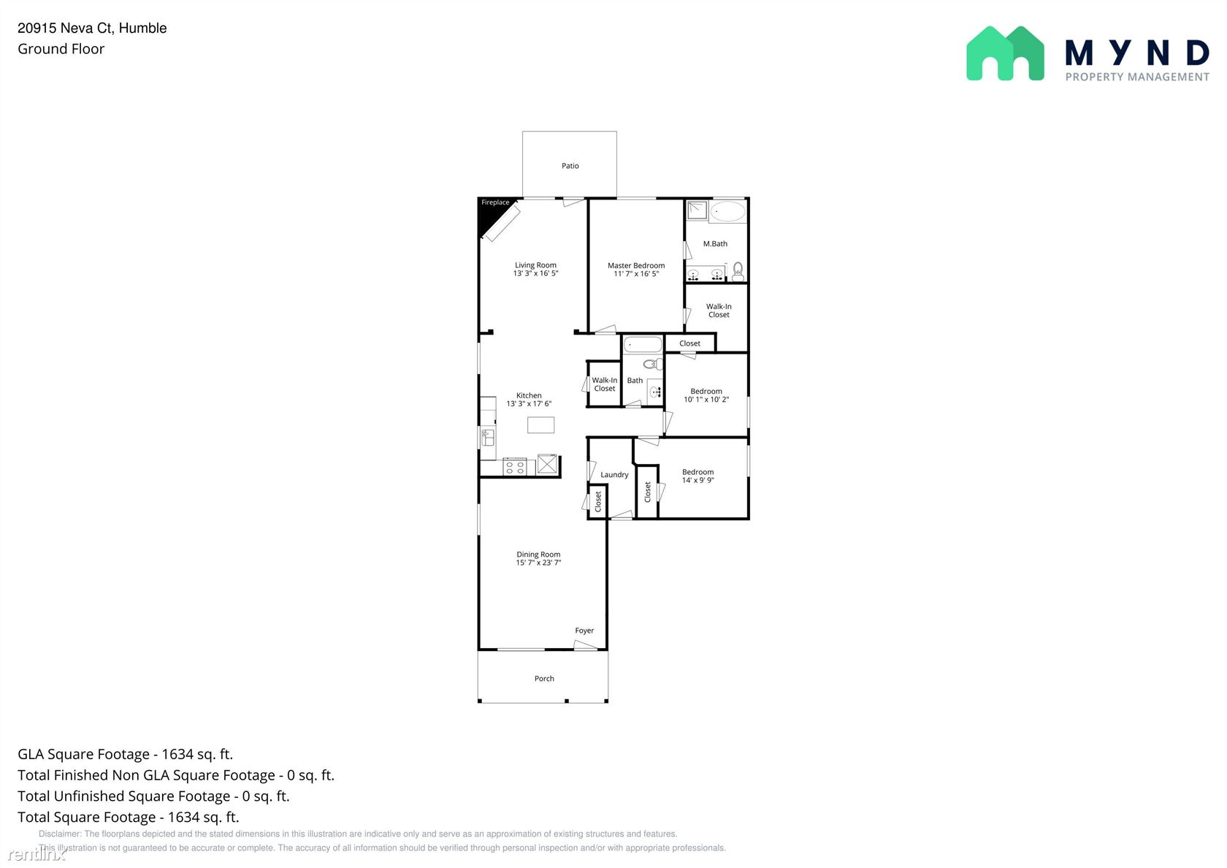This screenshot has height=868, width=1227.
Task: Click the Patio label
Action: coord(570,165)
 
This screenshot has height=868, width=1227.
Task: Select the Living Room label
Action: coord(535,265)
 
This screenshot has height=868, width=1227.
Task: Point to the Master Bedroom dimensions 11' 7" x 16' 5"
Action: coord(636,274)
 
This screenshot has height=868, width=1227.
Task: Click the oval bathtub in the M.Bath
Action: coord(728,211)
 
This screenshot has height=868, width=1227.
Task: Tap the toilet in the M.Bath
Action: coord(738,270)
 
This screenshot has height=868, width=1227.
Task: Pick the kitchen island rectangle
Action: coord(540,425)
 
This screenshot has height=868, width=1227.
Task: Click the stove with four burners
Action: coord(515,468)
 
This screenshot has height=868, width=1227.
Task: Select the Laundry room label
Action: coord(614,475)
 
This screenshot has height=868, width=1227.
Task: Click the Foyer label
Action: coord(584,630)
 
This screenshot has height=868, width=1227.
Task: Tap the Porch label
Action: coord(544,678)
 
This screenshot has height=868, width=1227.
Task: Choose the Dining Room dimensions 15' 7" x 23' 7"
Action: coord(538,563)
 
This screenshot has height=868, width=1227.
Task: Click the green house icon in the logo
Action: coord(1005,54)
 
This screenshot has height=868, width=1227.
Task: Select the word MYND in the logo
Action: coord(1137,53)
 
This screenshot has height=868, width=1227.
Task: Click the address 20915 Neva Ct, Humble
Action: coord(92,28)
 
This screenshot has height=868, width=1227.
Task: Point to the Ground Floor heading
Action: coord(61,49)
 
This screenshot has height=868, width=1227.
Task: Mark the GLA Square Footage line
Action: coord(126,754)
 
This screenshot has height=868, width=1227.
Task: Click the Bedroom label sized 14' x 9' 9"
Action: coord(698,472)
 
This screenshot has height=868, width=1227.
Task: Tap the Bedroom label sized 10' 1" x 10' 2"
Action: coord(706,392)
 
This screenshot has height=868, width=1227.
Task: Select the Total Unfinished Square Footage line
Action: coord(153,796)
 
